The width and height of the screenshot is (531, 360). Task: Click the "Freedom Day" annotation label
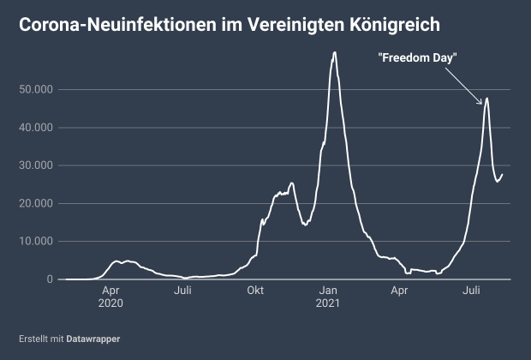click(x=417, y=57)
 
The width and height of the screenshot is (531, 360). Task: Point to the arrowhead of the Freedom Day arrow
click(x=483, y=105)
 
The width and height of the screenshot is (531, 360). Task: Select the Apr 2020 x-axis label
click(x=111, y=297)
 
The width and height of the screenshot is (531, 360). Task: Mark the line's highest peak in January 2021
click(x=334, y=52)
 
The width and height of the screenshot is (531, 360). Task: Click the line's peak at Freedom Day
click(x=487, y=98)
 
